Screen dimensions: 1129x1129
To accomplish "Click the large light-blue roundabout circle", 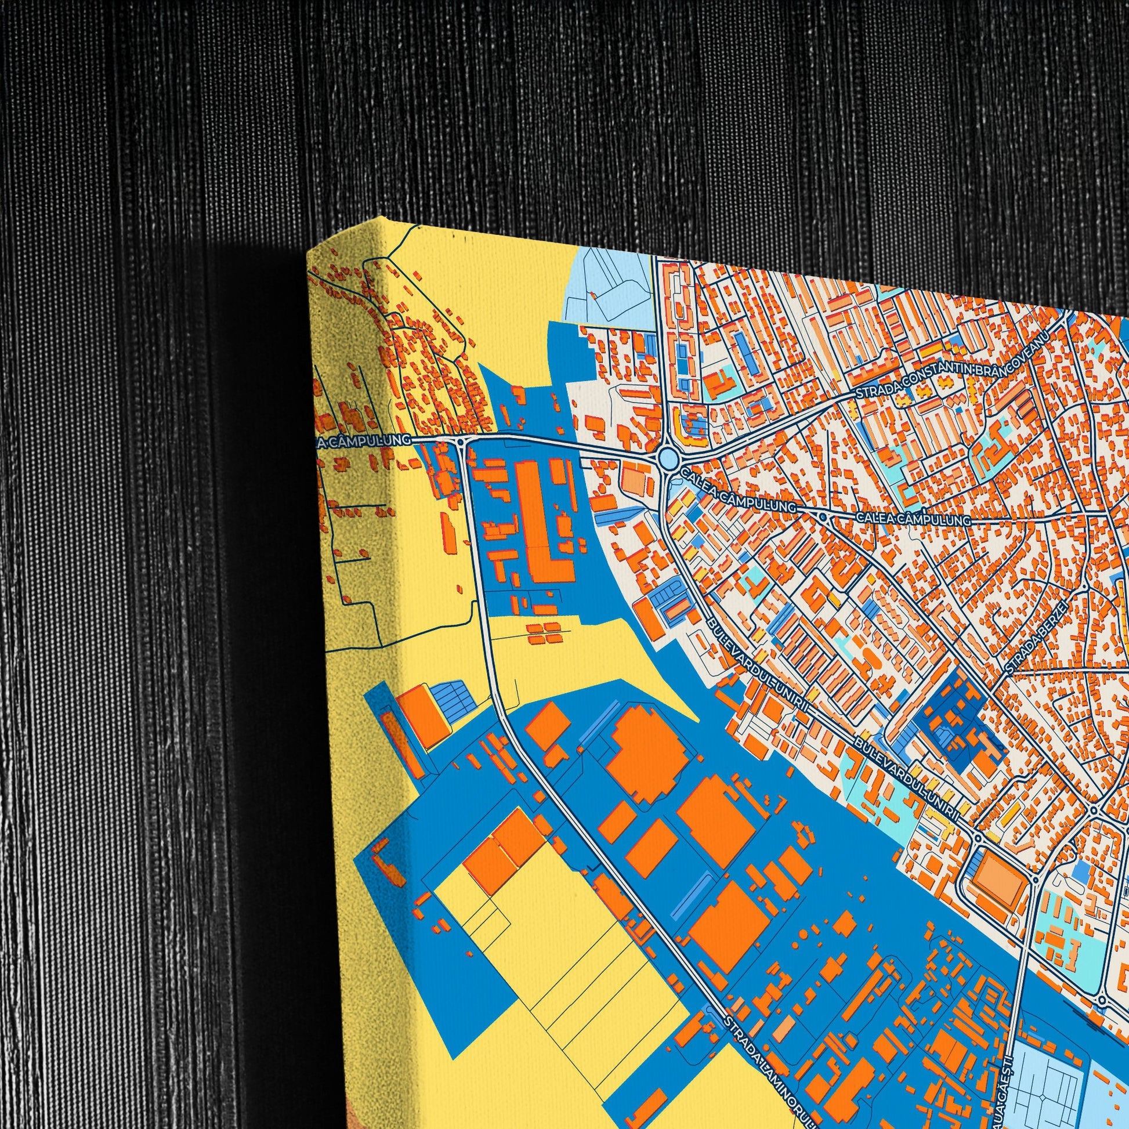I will tap(667, 458).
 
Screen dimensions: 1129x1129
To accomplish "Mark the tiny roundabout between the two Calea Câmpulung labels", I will tap(823, 517).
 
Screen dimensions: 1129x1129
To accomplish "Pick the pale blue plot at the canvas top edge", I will tap(611, 287).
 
